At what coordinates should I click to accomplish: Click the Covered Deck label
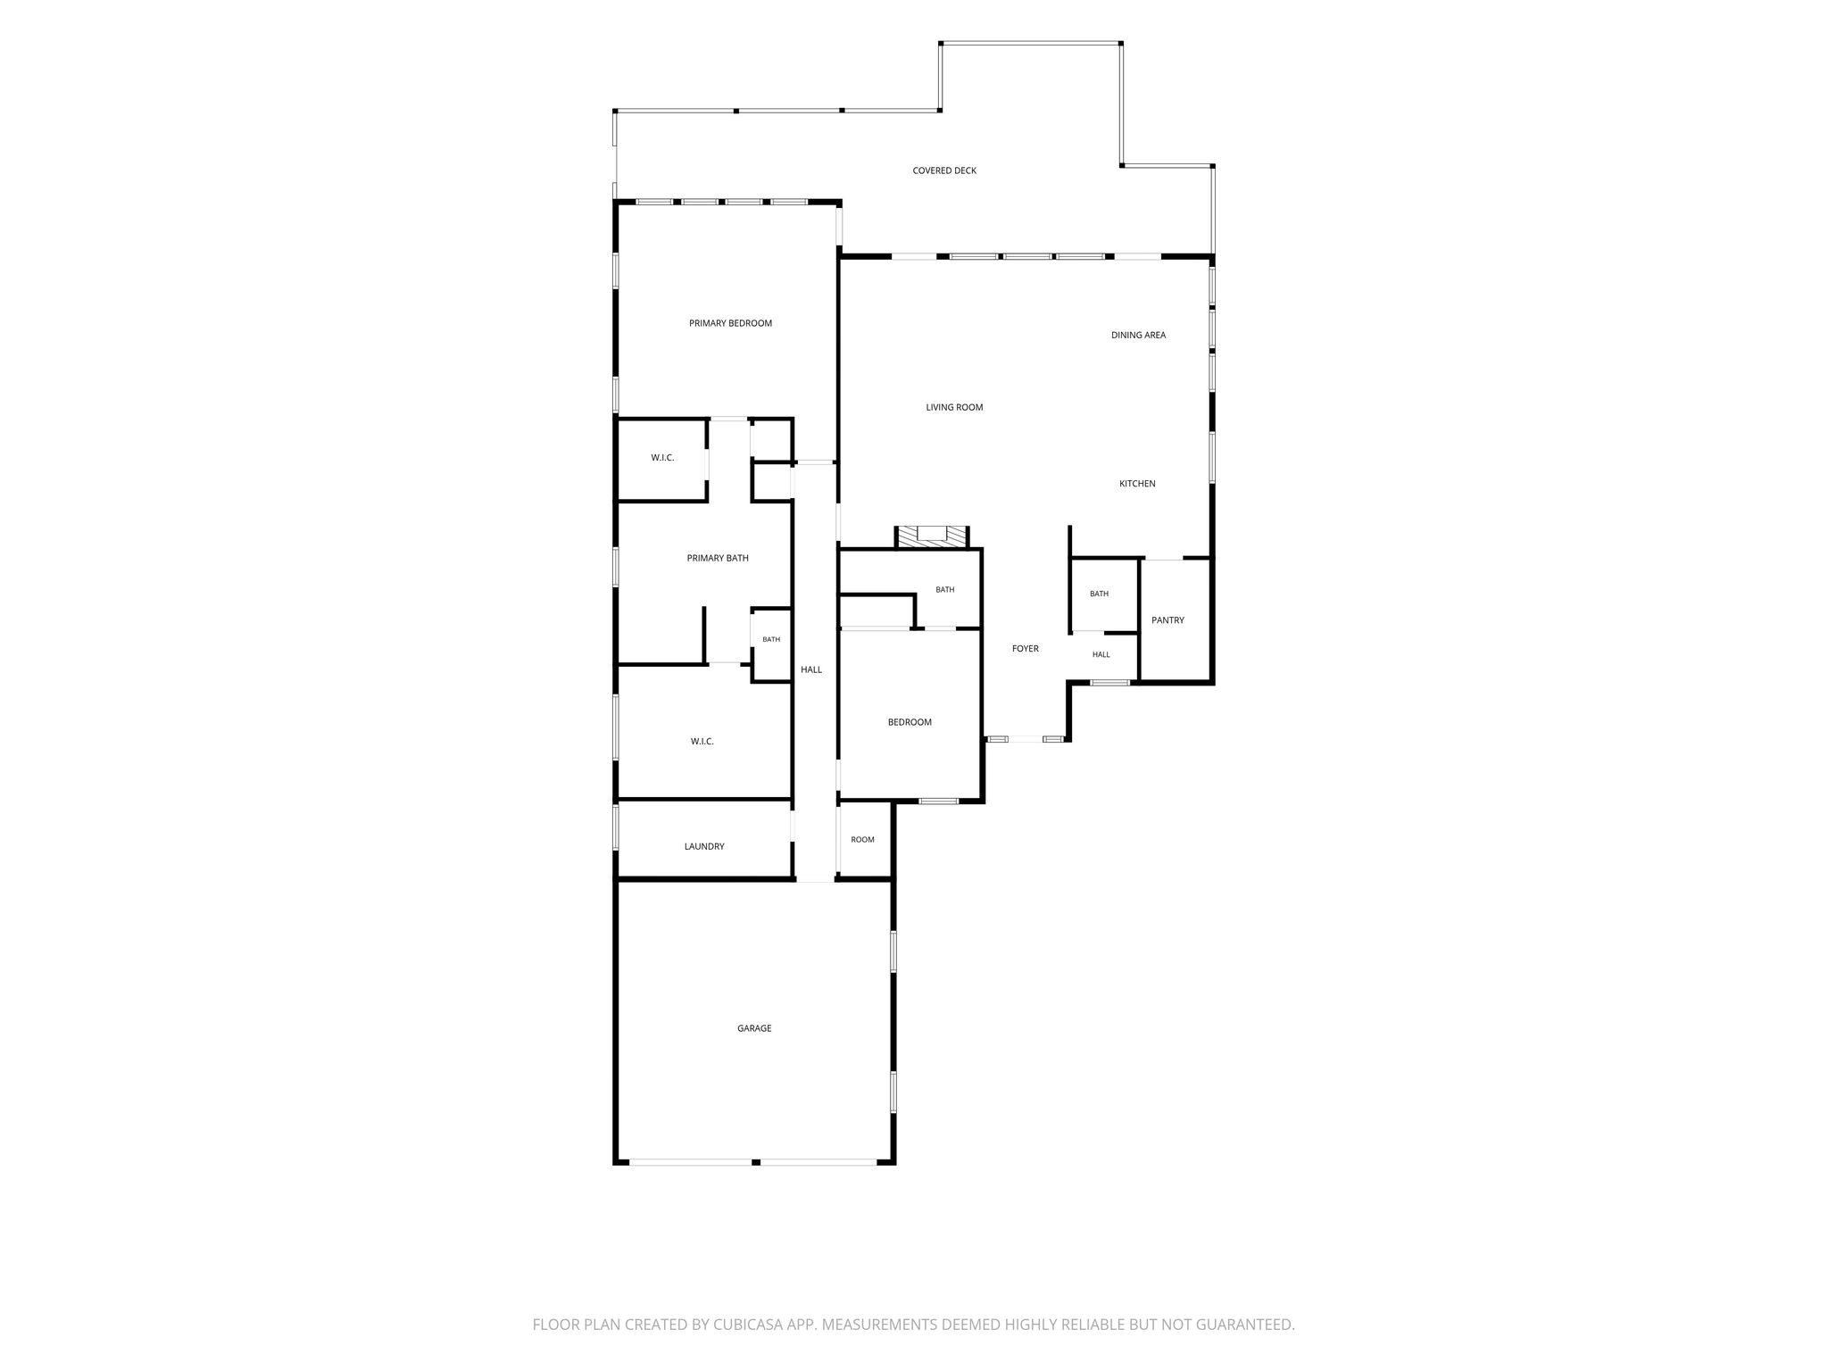click(x=944, y=170)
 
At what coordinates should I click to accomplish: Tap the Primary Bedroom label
click(x=730, y=323)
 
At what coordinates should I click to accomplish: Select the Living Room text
click(x=954, y=408)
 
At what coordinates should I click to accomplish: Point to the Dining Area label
click(x=1138, y=336)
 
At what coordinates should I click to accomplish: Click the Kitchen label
click(x=1137, y=484)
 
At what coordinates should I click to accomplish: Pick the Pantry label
click(x=1167, y=620)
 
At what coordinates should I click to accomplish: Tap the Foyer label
click(x=1026, y=649)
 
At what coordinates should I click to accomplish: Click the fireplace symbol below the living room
click(x=932, y=536)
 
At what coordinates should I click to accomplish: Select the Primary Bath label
click(x=718, y=559)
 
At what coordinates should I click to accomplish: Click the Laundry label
click(x=704, y=846)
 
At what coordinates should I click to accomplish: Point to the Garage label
click(x=754, y=1028)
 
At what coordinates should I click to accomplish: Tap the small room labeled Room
click(x=862, y=840)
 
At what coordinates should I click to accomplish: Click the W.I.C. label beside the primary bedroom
click(x=662, y=458)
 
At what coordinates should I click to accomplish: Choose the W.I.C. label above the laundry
click(x=702, y=742)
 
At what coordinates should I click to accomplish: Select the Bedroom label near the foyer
click(x=910, y=722)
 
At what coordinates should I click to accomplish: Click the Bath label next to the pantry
click(x=1099, y=594)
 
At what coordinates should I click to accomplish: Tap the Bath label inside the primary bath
click(x=771, y=639)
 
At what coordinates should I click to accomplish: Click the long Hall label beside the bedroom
click(x=811, y=669)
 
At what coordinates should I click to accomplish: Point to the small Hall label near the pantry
click(x=1101, y=654)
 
